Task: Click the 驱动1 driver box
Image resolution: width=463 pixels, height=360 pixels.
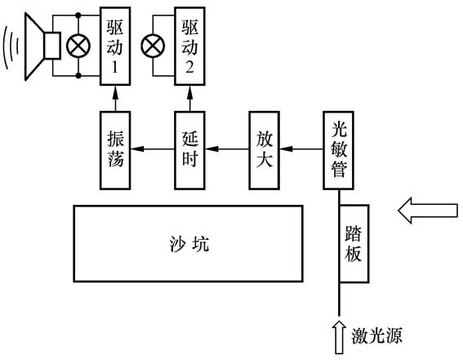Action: tap(115, 46)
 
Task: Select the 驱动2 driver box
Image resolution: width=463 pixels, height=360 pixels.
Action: tap(189, 46)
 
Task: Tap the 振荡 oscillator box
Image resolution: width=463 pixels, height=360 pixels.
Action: tap(115, 149)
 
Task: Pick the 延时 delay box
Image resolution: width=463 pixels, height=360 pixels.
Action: tap(189, 149)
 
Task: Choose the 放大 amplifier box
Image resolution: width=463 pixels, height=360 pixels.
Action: tap(264, 149)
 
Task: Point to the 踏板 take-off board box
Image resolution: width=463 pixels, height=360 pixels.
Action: tap(354, 242)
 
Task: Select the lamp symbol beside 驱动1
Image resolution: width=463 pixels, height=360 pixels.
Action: tap(79, 46)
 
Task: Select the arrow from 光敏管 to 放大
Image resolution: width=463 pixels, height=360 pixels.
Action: tap(301, 149)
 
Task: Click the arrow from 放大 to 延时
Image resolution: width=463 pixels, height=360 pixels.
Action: tap(227, 149)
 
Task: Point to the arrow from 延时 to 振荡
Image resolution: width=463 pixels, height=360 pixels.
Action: tap(153, 149)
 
